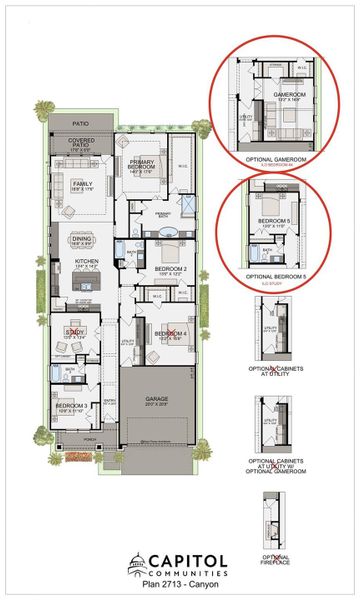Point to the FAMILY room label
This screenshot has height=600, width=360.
tap(83, 184)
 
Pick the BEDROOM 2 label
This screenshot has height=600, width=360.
tap(171, 270)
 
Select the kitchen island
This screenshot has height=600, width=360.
tap(86, 285)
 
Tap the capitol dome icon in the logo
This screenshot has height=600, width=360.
tap(138, 565)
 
